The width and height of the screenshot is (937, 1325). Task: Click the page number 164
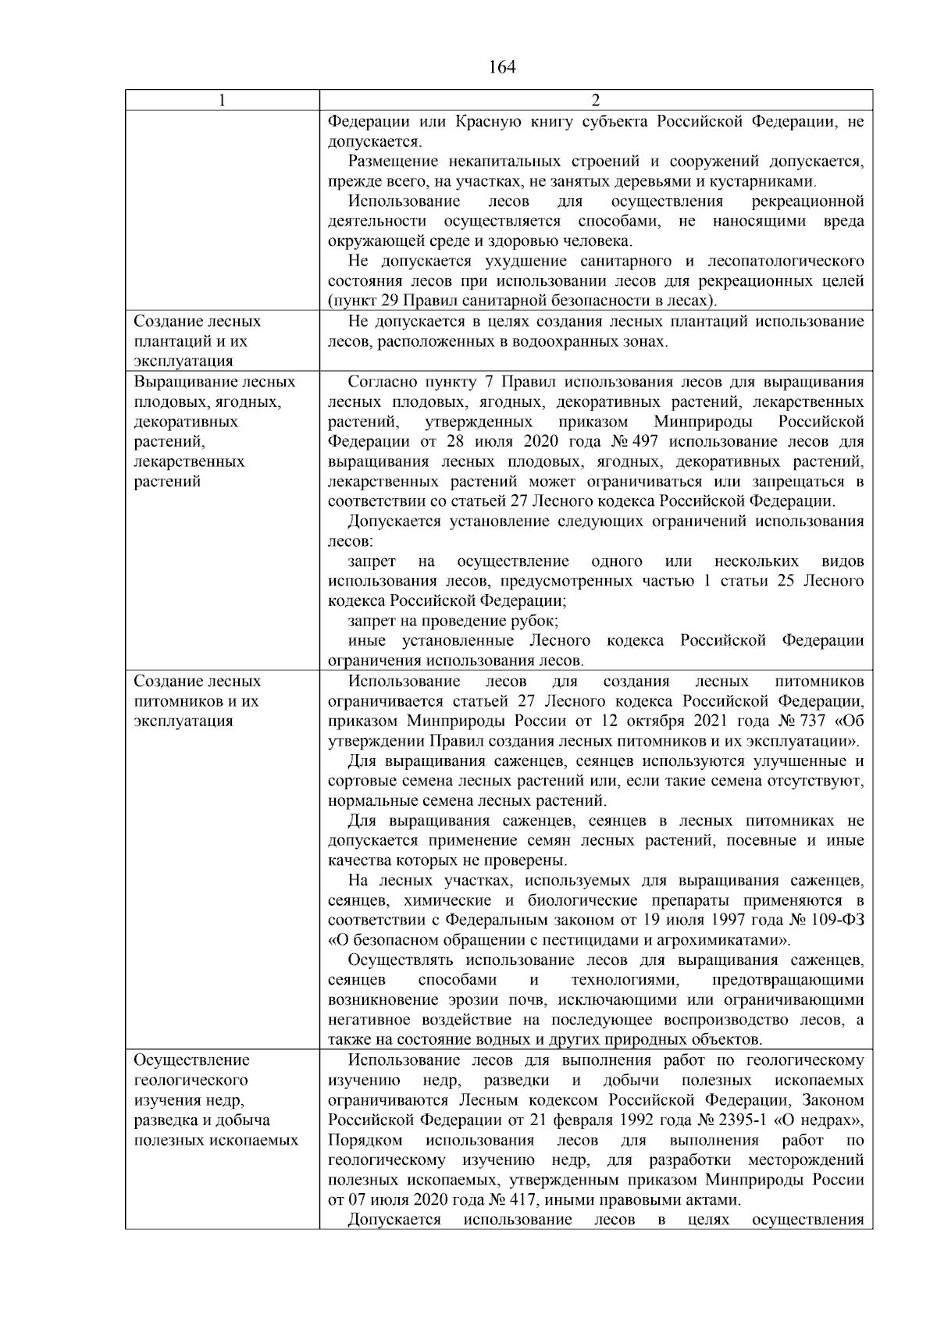[502, 67]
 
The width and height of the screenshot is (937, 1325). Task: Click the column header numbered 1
[223, 101]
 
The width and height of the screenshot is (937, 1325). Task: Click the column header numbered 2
[596, 101]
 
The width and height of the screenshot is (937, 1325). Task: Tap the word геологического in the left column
[191, 1081]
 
